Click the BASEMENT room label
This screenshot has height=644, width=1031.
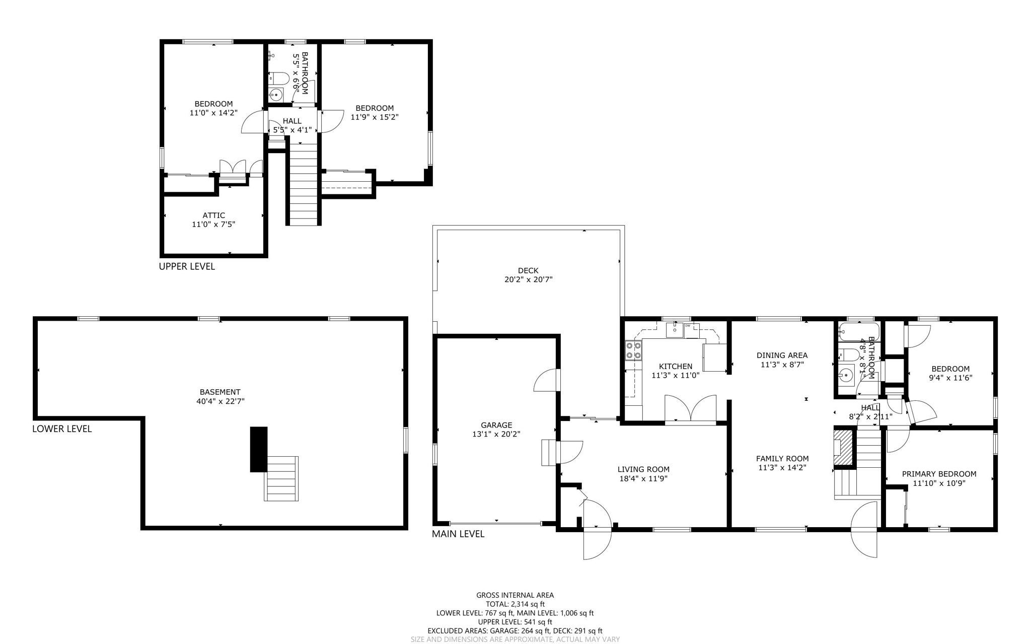[220, 392]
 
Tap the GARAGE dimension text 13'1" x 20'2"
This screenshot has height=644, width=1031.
[496, 434]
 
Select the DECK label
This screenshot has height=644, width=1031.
[528, 270]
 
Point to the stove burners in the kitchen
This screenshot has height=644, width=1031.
[633, 350]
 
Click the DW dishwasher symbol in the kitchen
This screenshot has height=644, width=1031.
[688, 326]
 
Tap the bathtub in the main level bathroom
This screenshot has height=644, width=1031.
[859, 332]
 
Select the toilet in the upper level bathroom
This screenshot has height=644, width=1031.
[279, 79]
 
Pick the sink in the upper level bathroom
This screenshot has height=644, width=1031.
[276, 94]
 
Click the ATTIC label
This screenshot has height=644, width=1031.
[214, 216]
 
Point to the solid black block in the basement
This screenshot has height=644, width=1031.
[259, 449]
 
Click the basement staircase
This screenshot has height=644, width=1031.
[281, 478]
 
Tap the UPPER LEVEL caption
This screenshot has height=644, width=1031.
[187, 266]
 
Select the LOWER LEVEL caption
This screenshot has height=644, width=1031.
[62, 429]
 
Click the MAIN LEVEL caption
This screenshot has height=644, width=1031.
[458, 534]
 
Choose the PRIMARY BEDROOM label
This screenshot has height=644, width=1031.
[939, 474]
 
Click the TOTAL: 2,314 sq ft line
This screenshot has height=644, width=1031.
[515, 604]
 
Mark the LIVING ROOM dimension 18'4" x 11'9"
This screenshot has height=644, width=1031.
[643, 478]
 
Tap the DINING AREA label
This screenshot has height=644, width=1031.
[782, 355]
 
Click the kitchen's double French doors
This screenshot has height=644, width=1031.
[691, 408]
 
